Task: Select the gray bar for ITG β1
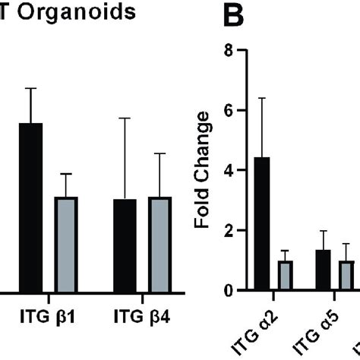coord(66,244)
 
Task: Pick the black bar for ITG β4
coord(124,245)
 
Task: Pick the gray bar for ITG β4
coord(159,244)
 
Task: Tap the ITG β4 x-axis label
coord(142,314)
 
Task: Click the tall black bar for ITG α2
coord(261,223)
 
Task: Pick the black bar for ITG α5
coord(323,270)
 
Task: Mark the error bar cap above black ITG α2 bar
coord(261,98)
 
